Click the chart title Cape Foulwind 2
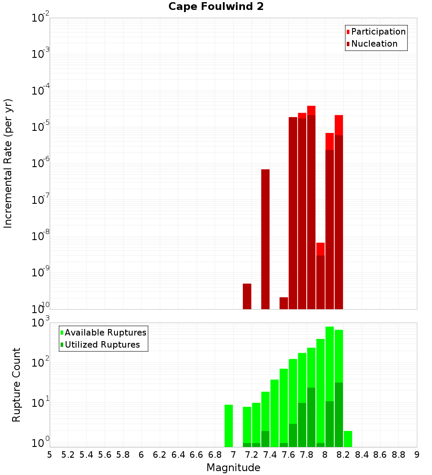(x=216, y=6)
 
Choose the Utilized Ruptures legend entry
(x=102, y=345)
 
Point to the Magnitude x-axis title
(x=233, y=468)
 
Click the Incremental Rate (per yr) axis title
(x=8, y=164)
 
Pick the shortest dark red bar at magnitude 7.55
(x=284, y=303)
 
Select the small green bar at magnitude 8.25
(x=348, y=439)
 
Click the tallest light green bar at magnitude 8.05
(x=330, y=363)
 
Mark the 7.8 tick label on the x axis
(x=306, y=455)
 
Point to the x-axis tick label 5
(x=50, y=455)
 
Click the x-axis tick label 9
(x=417, y=455)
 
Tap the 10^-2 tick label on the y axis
(x=41, y=18)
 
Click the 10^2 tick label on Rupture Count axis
(x=41, y=362)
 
